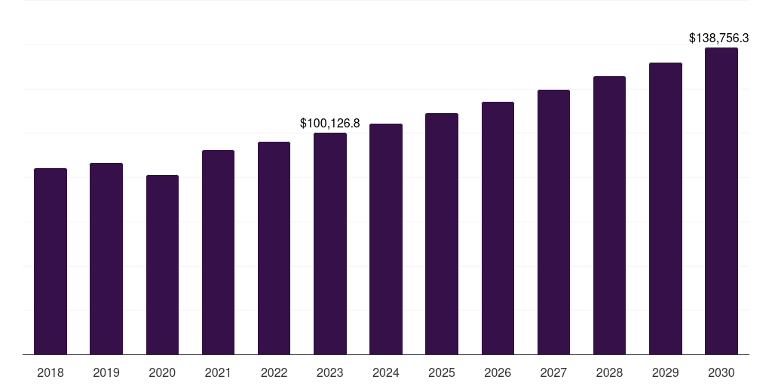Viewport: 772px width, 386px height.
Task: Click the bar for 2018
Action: tap(51, 261)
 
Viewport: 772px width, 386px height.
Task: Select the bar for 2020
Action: tap(162, 265)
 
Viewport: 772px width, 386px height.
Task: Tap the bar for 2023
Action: tap(330, 244)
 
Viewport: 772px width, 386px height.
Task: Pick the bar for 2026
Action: tap(498, 228)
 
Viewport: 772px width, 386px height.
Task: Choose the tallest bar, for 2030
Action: tap(721, 201)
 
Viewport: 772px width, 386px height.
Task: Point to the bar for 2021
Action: tap(218, 252)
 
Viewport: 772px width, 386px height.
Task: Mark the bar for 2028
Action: tap(609, 215)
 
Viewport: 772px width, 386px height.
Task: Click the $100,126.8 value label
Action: tap(330, 123)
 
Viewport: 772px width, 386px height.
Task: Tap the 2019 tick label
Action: tap(106, 372)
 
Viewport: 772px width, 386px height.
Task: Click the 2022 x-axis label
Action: tap(274, 372)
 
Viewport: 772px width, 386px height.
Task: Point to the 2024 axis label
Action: tap(386, 372)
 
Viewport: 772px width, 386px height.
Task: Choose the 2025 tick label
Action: tap(442, 372)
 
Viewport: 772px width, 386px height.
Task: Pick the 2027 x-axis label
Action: tap(553, 372)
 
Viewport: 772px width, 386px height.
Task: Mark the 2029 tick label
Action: tap(666, 372)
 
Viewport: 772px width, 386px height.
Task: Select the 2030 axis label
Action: tap(721, 372)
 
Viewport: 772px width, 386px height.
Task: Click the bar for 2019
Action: tap(106, 259)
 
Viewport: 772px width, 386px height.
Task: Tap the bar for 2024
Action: tap(386, 239)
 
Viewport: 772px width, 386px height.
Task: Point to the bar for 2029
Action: tap(666, 208)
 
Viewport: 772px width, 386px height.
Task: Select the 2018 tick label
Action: tap(51, 372)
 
